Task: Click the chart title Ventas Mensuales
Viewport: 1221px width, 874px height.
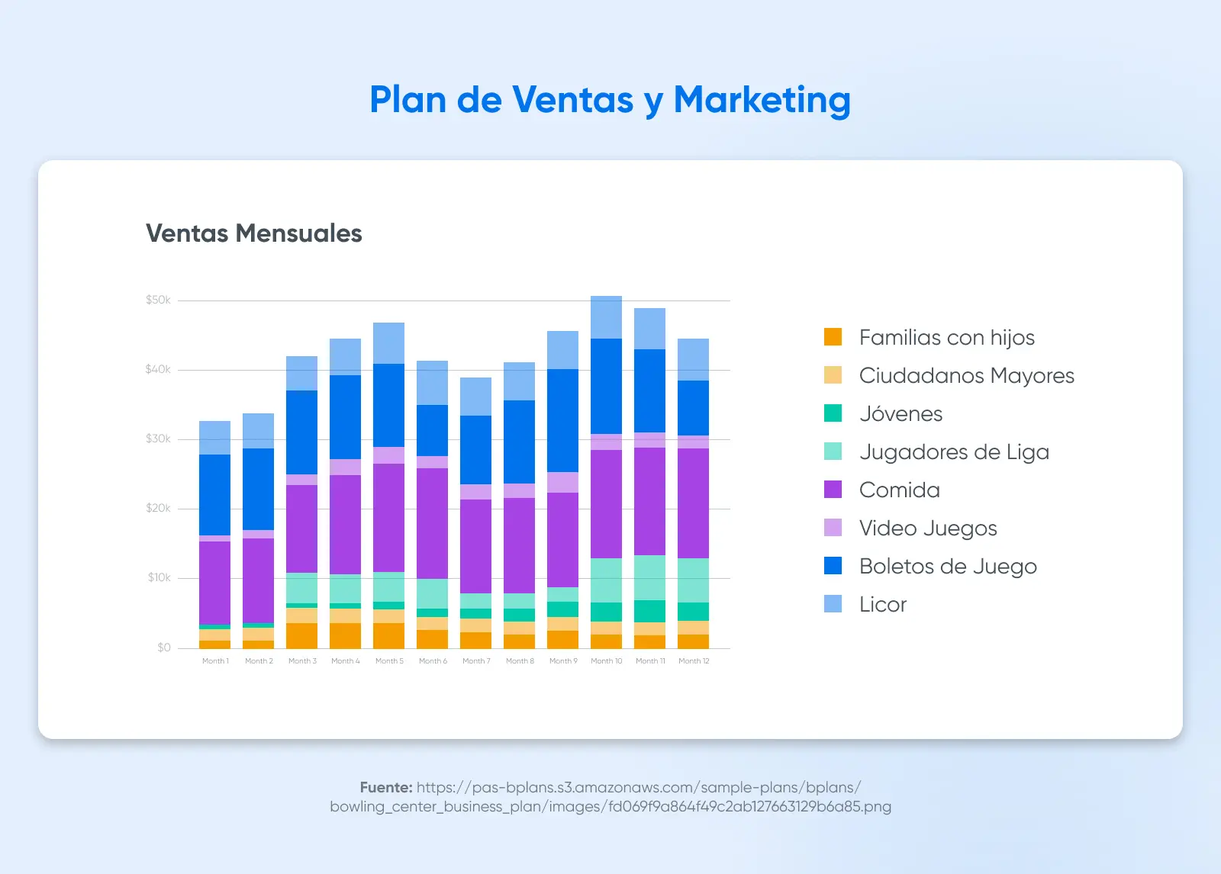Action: (253, 233)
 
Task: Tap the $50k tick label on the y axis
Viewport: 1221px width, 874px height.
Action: (158, 300)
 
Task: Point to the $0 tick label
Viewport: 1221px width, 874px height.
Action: (164, 647)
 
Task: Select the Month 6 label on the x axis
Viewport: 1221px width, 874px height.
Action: (433, 661)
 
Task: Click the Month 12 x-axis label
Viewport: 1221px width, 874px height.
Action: (694, 661)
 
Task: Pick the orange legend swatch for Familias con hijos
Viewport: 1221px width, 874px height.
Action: (833, 337)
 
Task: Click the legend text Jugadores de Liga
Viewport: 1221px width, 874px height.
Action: (954, 451)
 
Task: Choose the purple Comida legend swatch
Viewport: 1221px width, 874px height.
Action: (833, 490)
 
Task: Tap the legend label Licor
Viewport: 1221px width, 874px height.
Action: (883, 604)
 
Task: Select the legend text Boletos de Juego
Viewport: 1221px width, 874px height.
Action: (948, 566)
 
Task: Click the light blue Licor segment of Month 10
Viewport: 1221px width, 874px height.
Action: (606, 317)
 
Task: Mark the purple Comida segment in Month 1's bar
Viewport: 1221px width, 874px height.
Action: (214, 583)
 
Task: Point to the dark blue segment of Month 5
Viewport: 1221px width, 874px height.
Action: (388, 405)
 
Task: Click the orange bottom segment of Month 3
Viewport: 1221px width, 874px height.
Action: (301, 635)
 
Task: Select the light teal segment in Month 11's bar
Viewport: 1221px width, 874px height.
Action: (649, 577)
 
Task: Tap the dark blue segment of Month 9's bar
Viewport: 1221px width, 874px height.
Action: (562, 420)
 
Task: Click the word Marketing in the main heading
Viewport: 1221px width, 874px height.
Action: (762, 100)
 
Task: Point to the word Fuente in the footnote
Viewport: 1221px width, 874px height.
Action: (385, 787)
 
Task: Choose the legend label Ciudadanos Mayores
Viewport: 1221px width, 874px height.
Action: (966, 375)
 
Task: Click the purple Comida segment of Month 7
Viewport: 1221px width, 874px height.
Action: (475, 546)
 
